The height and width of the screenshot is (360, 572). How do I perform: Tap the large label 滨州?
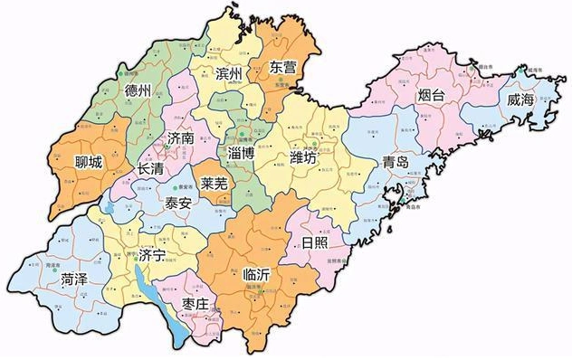point(230,73)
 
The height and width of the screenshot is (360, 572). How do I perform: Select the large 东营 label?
point(282,68)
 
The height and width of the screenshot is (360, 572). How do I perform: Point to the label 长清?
point(151,169)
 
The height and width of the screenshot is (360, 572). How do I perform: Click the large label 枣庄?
point(199,302)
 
